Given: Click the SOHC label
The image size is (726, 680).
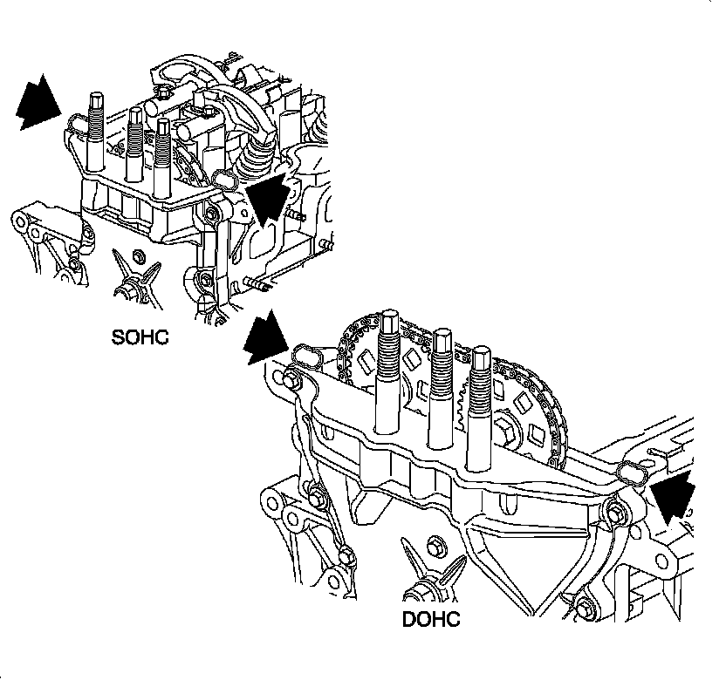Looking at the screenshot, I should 140,337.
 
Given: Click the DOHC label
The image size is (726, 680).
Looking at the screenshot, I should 431,621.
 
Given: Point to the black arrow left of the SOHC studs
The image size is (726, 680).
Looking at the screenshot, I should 38,103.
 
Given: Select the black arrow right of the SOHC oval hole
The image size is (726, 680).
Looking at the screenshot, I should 268,196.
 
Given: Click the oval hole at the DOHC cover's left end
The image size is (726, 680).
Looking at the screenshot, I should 308,355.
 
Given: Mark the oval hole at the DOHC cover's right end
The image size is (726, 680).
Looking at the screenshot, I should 631,471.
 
